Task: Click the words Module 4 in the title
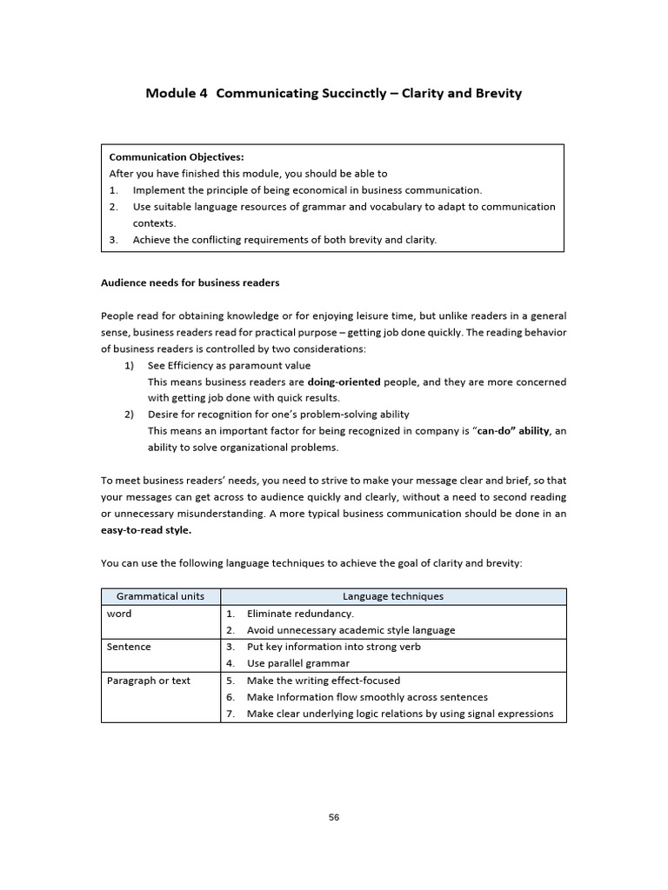tap(177, 93)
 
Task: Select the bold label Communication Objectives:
tap(177, 157)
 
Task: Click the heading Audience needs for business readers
tap(190, 282)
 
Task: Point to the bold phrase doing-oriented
tap(344, 382)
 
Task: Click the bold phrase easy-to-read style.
tap(146, 530)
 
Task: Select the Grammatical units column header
tap(161, 596)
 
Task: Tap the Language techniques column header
tap(393, 596)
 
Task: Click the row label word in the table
tap(119, 614)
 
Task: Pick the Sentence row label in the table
tap(129, 647)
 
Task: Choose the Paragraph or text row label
tap(149, 681)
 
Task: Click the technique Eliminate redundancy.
tap(300, 614)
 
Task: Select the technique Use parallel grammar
tap(298, 663)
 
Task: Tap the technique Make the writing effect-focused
tap(324, 681)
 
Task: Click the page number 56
tap(334, 817)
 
